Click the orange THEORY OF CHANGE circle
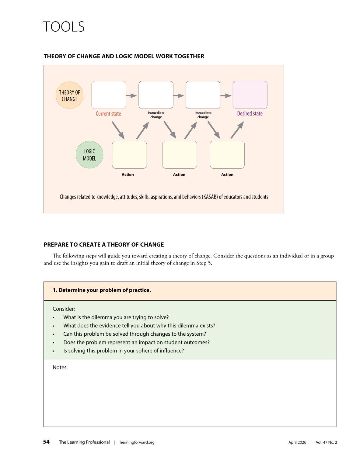69,95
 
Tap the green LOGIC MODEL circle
89,155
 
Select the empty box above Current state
109,95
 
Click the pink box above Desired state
250,95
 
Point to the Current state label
108,114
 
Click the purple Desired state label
250,114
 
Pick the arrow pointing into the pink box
226,95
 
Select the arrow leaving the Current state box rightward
131,95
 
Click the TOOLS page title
64,27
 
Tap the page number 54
46,442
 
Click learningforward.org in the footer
137,442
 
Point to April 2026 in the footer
297,442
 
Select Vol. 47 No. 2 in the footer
326,442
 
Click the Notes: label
60,367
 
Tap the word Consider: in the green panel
64,309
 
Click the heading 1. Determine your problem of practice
102,290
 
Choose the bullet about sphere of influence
124,351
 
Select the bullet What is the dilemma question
116,317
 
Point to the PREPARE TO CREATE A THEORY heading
104,244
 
